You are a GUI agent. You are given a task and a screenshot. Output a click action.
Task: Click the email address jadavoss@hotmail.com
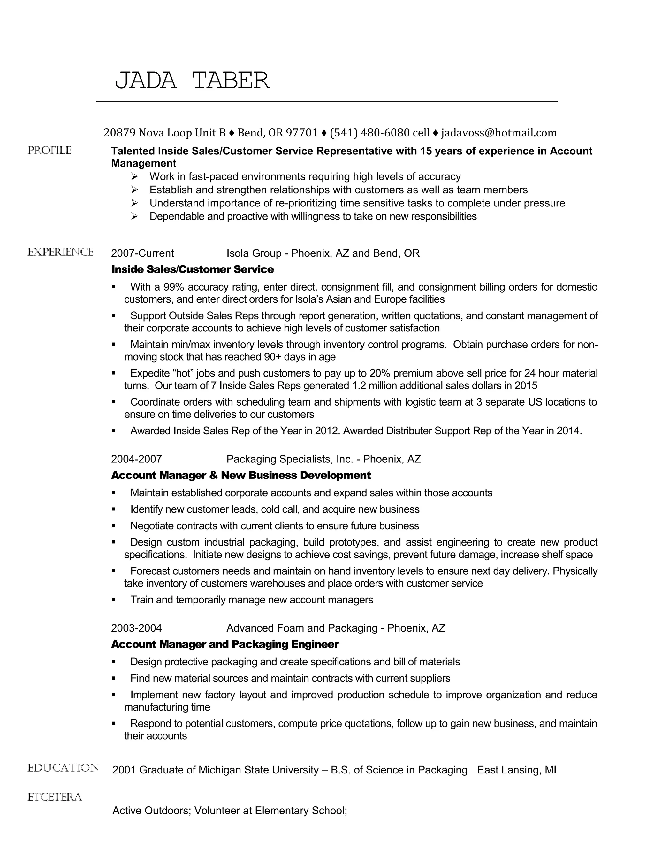tap(498, 133)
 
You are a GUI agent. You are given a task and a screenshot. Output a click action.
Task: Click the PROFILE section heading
tap(49, 151)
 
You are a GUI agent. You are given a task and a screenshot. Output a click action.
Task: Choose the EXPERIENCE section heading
tap(60, 253)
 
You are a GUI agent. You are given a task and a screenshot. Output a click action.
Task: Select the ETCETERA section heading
tap(55, 797)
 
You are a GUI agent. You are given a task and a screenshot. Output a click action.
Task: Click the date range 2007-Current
tap(142, 253)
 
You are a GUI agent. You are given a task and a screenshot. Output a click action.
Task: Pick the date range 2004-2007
tap(136, 459)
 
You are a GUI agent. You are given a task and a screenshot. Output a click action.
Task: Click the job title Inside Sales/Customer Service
tap(192, 269)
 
